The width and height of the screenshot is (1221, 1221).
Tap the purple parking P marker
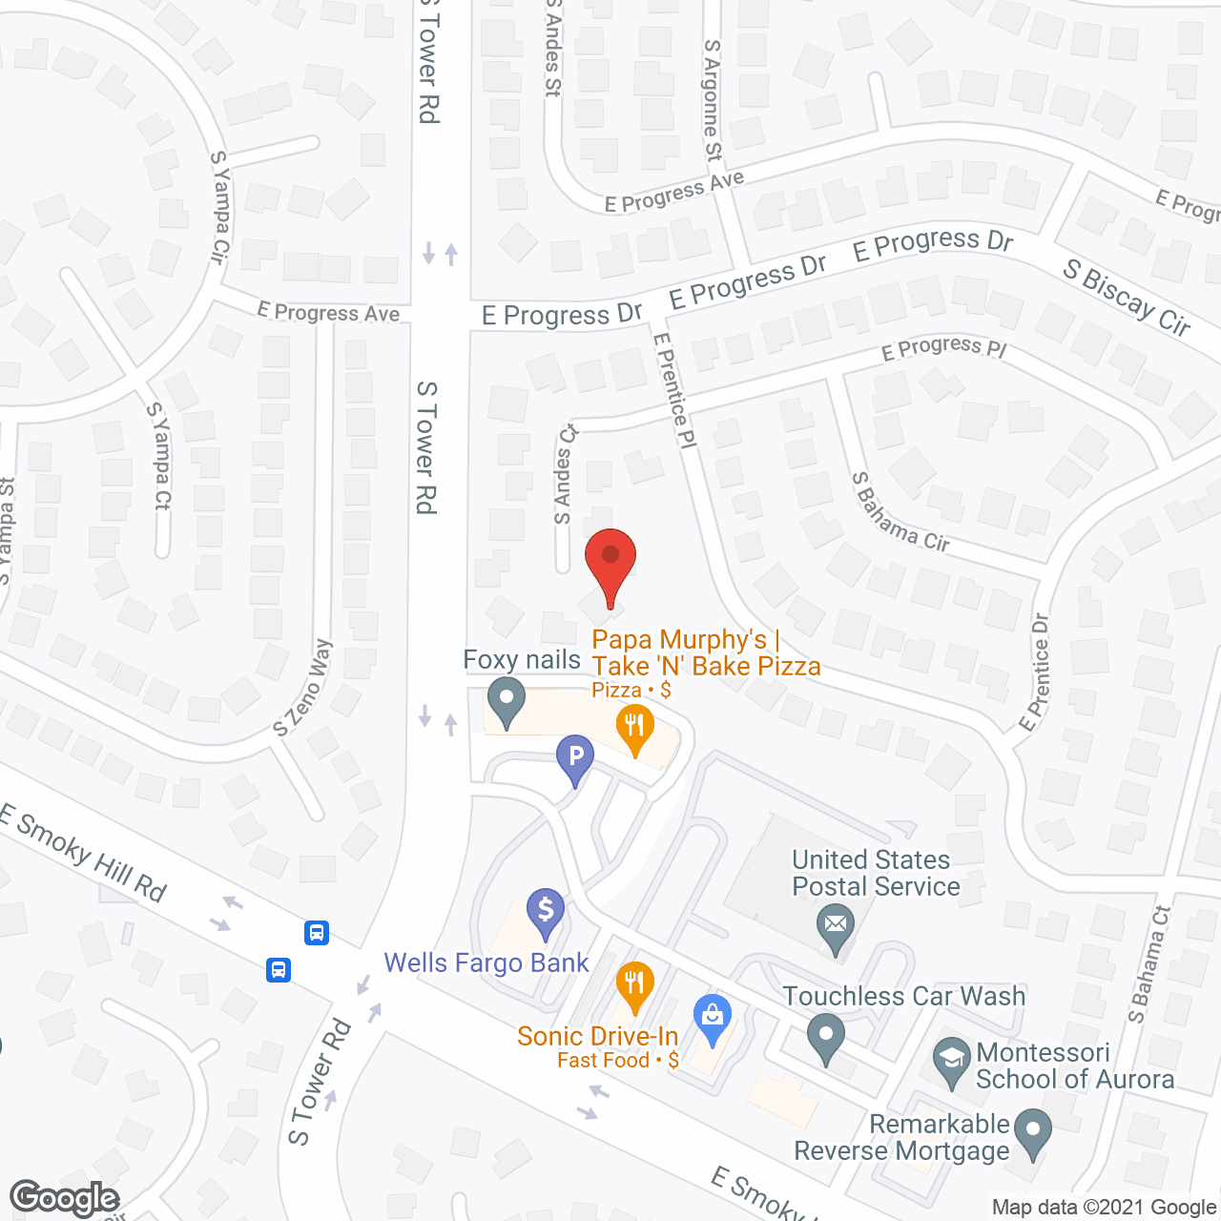tap(575, 759)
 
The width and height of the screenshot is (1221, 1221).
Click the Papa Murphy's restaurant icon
tap(633, 727)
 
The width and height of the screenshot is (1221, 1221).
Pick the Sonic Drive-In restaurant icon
tap(634, 983)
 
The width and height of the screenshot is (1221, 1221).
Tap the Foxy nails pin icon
tap(507, 700)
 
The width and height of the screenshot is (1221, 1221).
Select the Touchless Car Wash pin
tap(826, 1036)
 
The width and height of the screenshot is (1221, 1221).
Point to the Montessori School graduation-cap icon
tap(951, 1060)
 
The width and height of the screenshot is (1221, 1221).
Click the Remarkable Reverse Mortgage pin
tap(1032, 1131)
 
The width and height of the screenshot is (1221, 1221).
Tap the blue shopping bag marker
tap(712, 1017)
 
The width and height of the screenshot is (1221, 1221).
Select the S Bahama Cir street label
tap(900, 512)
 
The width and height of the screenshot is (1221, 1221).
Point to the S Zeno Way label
tap(302, 688)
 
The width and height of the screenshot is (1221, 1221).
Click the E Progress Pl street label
tap(943, 348)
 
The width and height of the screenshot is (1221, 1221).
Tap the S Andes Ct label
tap(565, 474)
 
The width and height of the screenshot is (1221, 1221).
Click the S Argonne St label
tap(713, 99)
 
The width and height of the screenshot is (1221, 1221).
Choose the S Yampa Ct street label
tap(159, 455)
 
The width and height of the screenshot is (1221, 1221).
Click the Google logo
tap(65, 1198)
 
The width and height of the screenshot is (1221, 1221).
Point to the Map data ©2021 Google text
tap(1105, 1208)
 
